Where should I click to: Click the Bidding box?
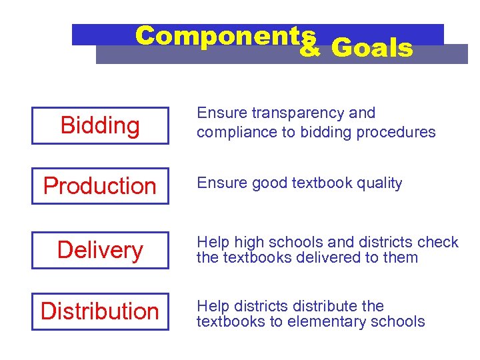[100, 125]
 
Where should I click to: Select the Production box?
[100, 186]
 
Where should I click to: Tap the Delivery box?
[100, 250]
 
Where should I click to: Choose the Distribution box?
[100, 311]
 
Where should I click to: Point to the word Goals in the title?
[371, 48]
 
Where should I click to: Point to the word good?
[267, 183]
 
